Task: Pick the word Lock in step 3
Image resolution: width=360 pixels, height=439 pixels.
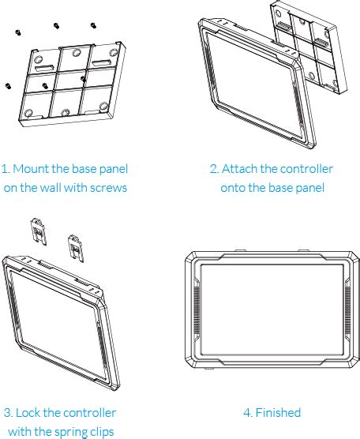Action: click(28, 413)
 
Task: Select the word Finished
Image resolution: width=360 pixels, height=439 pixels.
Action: click(278, 413)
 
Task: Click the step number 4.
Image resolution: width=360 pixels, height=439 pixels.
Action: click(247, 413)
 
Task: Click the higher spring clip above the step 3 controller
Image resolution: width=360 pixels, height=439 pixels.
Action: click(39, 231)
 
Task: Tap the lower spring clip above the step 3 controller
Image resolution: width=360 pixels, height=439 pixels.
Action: click(76, 249)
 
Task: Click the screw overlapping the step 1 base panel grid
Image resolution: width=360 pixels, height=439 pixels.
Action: click(83, 79)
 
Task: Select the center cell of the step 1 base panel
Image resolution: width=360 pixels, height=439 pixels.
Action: click(69, 81)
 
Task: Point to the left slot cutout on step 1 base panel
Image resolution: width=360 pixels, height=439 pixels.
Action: click(44, 68)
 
